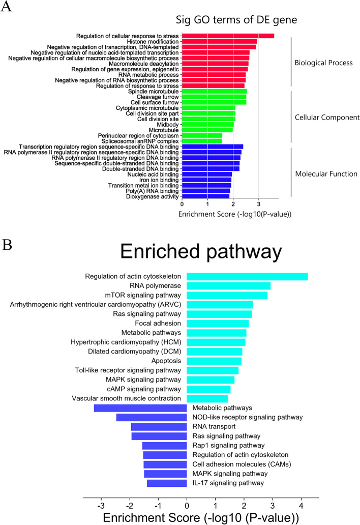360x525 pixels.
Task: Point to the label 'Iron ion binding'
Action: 156,180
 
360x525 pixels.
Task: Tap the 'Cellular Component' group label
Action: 327,118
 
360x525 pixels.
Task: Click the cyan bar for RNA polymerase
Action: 228,286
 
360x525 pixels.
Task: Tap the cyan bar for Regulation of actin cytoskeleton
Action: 247,276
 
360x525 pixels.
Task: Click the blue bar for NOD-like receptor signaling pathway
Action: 152,418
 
